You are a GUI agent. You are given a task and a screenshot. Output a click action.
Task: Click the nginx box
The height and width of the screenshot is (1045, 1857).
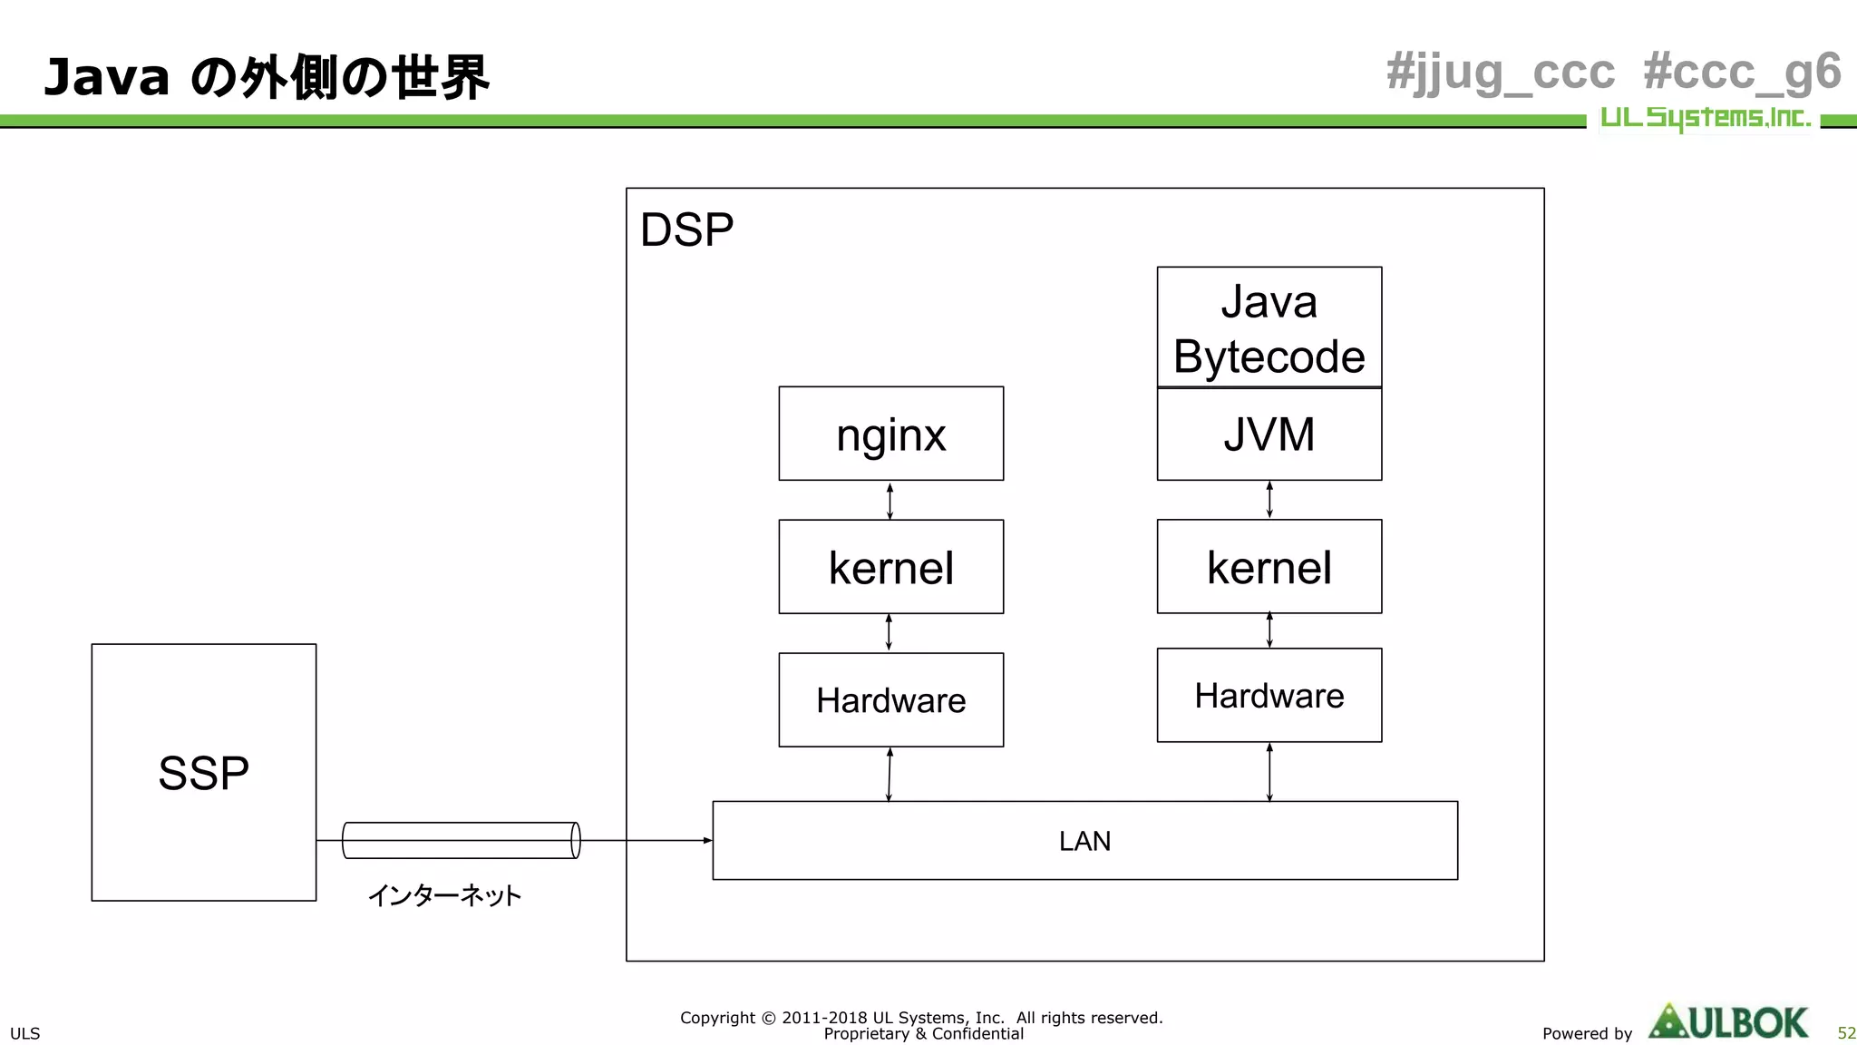(890, 434)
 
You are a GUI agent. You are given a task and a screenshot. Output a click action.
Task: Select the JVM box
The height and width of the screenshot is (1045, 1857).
(1269, 435)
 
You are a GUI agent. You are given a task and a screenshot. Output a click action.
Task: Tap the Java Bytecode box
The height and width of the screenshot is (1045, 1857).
(1269, 327)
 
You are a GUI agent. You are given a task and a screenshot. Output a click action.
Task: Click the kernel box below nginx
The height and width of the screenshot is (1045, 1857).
(890, 567)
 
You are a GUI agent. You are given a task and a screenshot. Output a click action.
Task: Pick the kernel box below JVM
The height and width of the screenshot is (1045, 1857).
(1269, 567)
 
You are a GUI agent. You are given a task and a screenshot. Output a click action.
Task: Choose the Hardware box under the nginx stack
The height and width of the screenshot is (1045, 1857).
(890, 700)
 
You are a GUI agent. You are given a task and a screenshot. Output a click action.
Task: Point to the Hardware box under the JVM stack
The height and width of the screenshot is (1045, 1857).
(1269, 696)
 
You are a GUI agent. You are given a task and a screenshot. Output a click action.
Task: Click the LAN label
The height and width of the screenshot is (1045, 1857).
(1084, 841)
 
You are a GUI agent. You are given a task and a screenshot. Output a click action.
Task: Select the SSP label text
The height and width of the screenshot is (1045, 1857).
(203, 774)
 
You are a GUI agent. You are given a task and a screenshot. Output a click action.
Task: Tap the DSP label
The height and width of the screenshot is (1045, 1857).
(686, 230)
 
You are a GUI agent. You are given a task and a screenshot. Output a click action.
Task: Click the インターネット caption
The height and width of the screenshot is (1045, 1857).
(444, 896)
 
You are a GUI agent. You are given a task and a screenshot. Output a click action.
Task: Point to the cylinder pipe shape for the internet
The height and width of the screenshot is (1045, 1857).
(461, 840)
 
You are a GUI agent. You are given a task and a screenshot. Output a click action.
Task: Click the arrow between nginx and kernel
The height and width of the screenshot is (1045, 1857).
(890, 501)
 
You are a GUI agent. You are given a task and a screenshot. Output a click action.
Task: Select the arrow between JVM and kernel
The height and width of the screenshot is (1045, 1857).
(1269, 500)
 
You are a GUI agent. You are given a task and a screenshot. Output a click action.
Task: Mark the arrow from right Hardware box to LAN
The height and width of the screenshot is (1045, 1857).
(1269, 772)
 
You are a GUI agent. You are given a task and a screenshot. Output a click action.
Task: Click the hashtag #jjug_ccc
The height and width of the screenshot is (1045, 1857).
(1501, 72)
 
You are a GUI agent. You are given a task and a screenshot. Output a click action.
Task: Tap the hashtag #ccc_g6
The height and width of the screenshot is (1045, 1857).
(1742, 72)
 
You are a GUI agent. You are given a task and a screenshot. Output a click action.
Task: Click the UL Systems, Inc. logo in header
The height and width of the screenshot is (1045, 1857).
(1705, 118)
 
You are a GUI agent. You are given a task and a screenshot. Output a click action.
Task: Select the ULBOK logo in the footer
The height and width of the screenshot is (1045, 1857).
(1728, 1022)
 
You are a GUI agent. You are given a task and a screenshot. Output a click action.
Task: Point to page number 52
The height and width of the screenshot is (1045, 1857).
(1846, 1033)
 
